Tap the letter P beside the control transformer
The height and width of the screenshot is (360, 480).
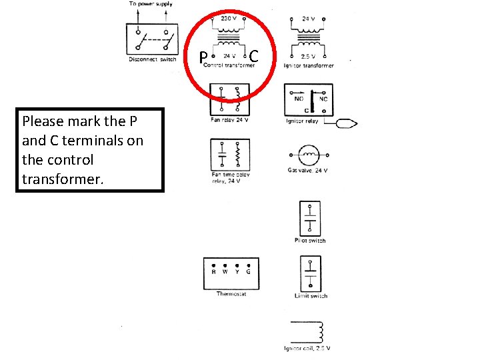coord(204,57)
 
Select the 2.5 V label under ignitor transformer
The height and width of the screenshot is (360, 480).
coord(309,57)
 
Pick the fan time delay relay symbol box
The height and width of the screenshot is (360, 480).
coord(230,155)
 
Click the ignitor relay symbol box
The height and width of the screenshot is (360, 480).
coord(308,99)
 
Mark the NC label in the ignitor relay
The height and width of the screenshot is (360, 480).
coord(323,98)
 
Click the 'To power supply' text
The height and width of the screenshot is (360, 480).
coord(151,4)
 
